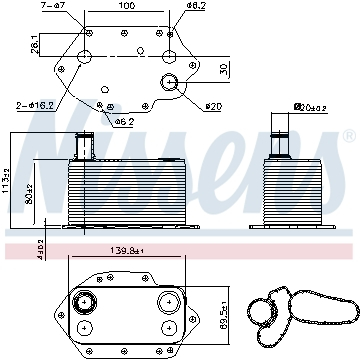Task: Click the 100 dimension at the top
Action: point(125,7)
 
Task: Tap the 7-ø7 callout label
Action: point(51,7)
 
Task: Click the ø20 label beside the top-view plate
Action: point(213,107)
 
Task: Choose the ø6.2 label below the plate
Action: point(124,121)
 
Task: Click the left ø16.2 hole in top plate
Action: point(85,56)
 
